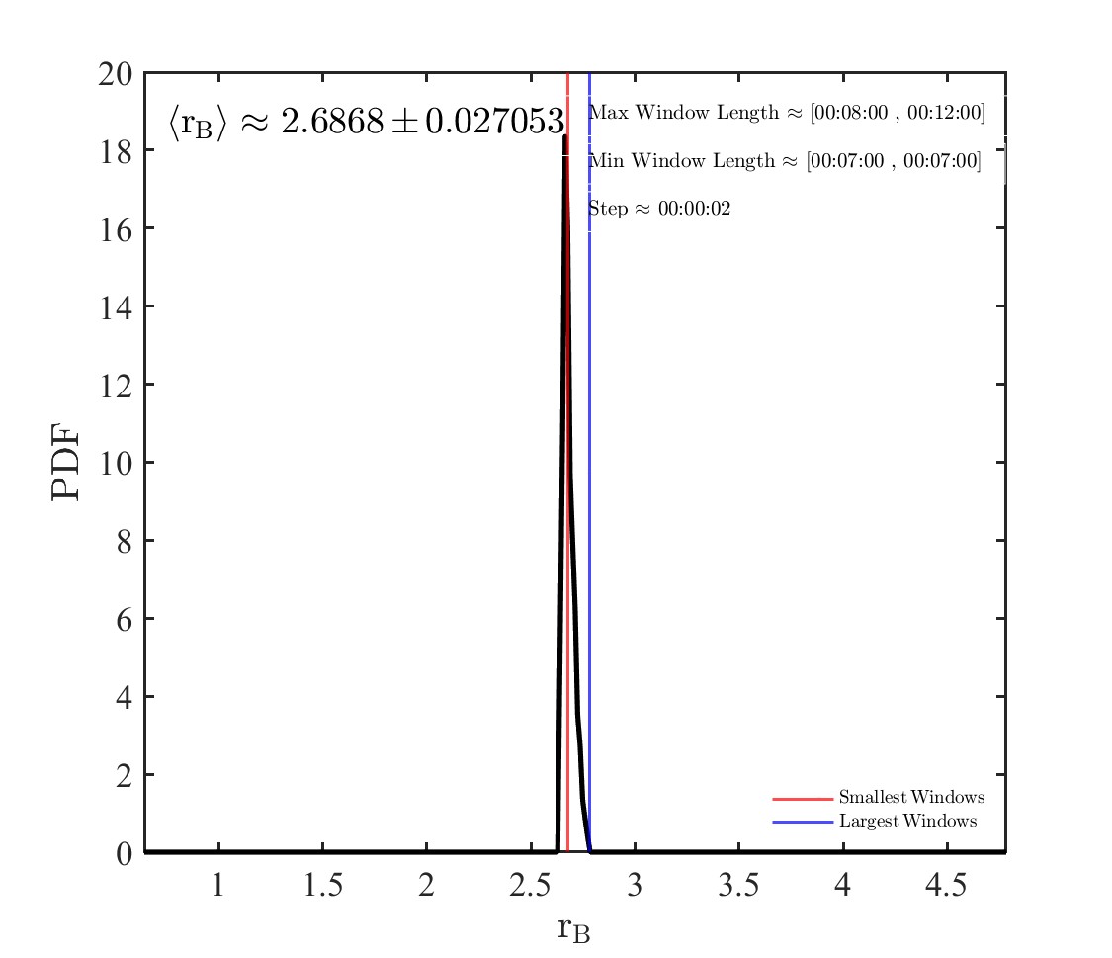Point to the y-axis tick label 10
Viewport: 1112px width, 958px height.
click(x=116, y=463)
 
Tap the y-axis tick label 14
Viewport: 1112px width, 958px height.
click(x=116, y=306)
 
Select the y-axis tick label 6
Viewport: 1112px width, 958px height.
click(x=124, y=619)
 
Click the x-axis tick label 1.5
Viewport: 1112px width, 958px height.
click(x=322, y=885)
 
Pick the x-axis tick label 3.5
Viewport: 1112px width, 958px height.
click(x=738, y=885)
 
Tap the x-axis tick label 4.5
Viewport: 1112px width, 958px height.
click(x=946, y=885)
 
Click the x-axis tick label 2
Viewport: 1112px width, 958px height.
click(x=426, y=885)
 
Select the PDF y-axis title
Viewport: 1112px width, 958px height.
click(x=66, y=463)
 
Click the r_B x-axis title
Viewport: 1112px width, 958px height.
click(x=574, y=929)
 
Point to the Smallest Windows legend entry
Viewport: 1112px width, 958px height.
click(x=911, y=798)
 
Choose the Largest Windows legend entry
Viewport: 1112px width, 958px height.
click(x=907, y=822)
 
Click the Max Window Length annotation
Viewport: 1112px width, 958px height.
click(x=787, y=113)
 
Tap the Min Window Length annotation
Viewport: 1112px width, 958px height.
click(x=785, y=161)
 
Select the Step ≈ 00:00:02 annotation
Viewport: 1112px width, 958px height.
click(x=659, y=209)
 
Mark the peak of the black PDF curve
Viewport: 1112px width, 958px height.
click(x=565, y=136)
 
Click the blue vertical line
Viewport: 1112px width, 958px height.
click(x=589, y=494)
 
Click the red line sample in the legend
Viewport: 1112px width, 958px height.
click(x=802, y=798)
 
